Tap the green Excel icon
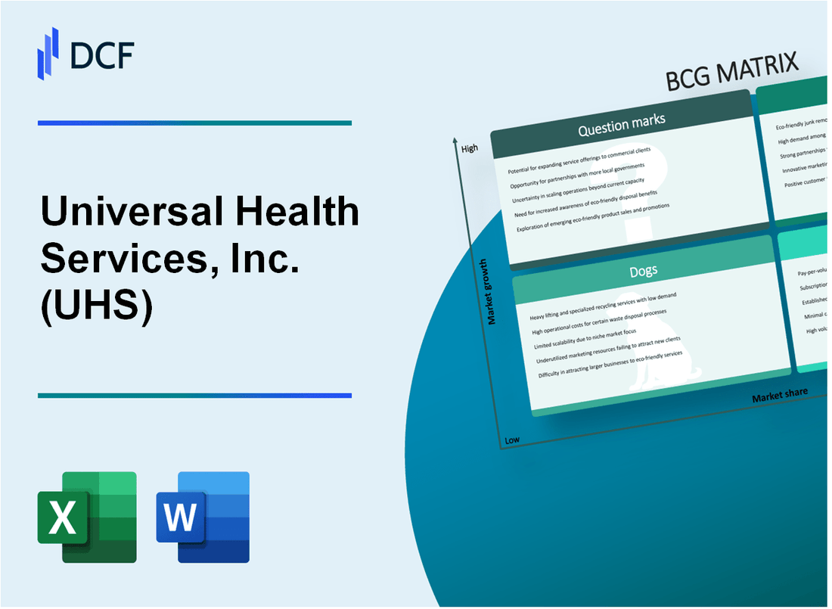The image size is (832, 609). [87, 517]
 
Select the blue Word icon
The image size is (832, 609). [203, 517]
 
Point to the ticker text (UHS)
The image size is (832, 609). [97, 308]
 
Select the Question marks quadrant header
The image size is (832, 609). [622, 126]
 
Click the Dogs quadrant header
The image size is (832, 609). [644, 270]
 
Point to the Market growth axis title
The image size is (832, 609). [493, 291]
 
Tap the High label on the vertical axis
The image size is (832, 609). [470, 148]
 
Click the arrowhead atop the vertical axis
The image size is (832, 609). [455, 141]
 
